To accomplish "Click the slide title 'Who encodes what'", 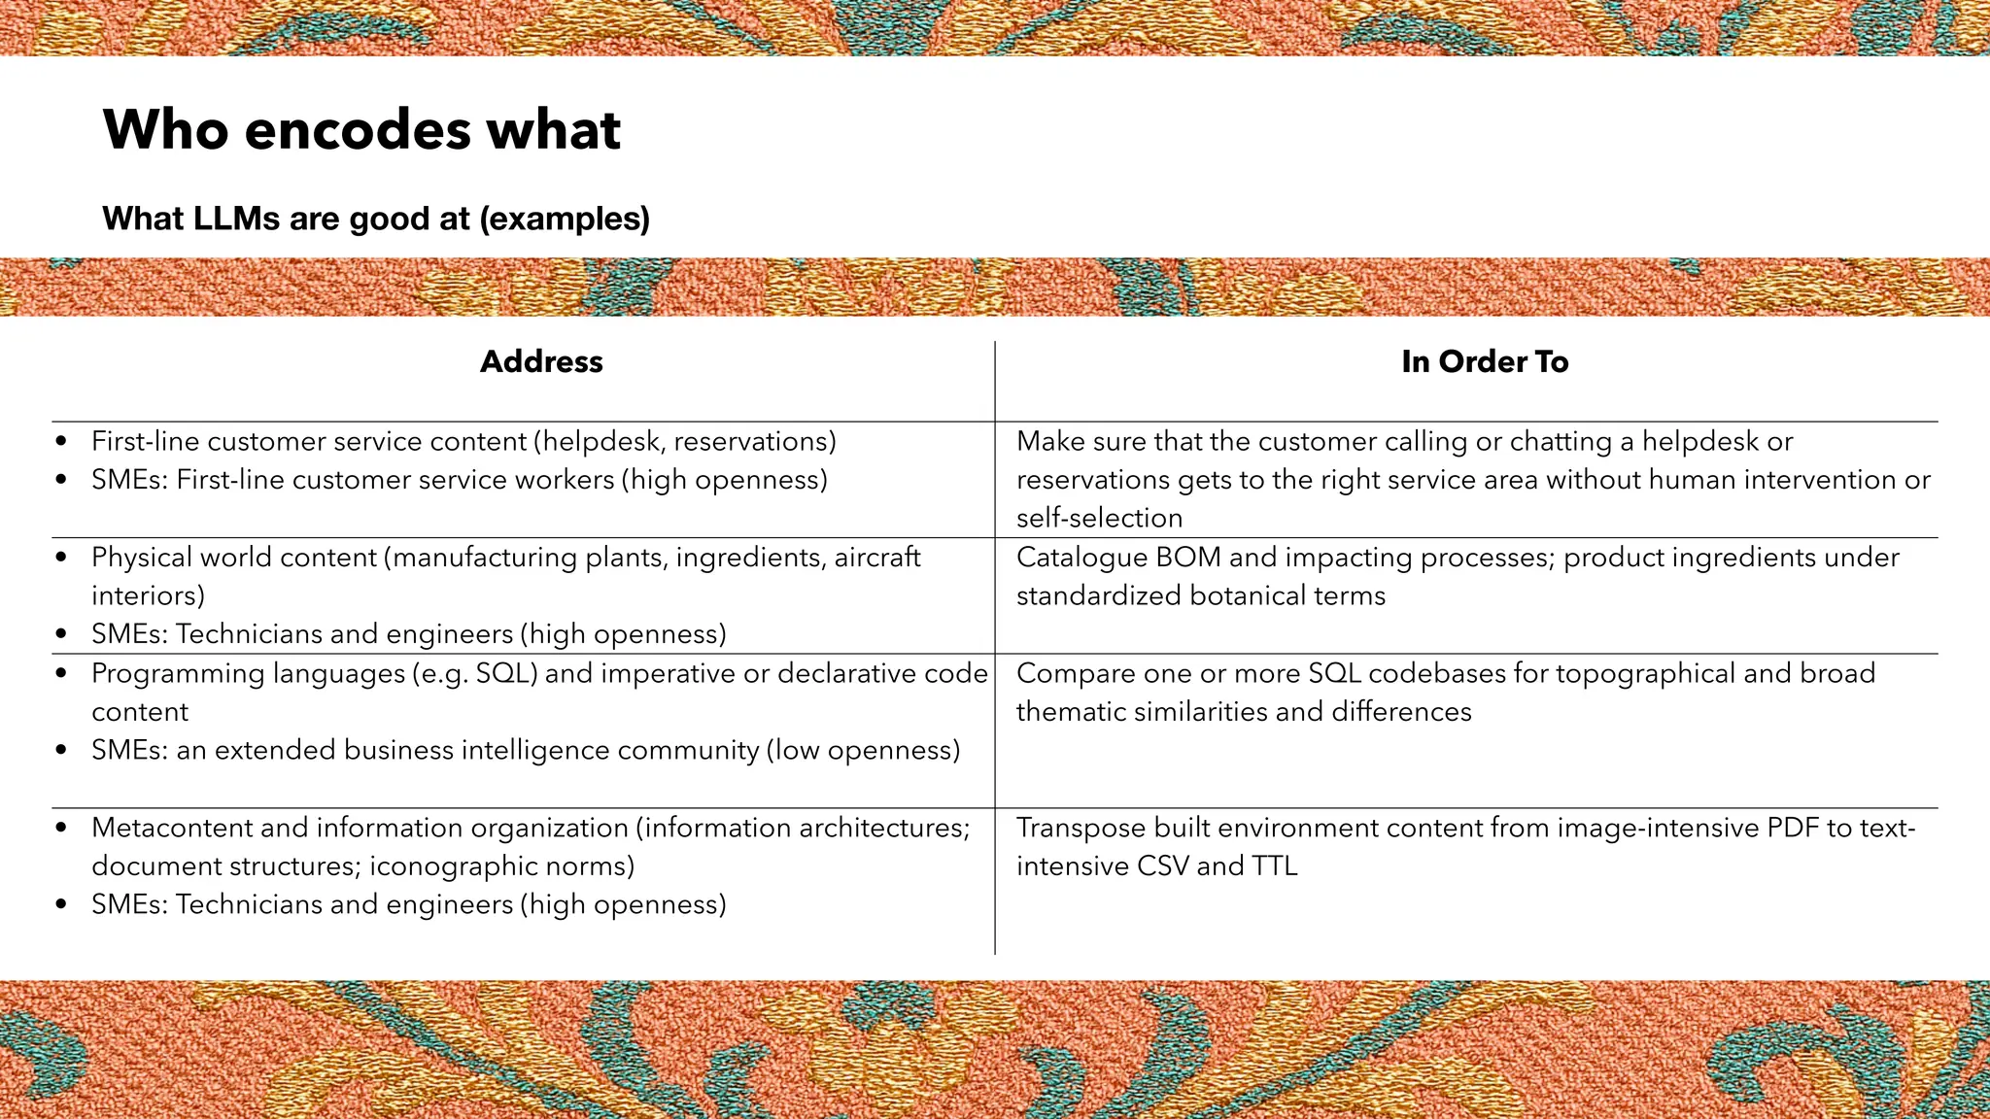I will [361, 129].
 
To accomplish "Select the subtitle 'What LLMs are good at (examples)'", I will [376, 219].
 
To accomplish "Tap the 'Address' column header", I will [541, 361].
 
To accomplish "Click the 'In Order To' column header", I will [1485, 361].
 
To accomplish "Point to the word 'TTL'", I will [1275, 866].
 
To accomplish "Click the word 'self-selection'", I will [1099, 519].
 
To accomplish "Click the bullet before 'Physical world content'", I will [62, 559].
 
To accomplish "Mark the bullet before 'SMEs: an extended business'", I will [62, 751].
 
